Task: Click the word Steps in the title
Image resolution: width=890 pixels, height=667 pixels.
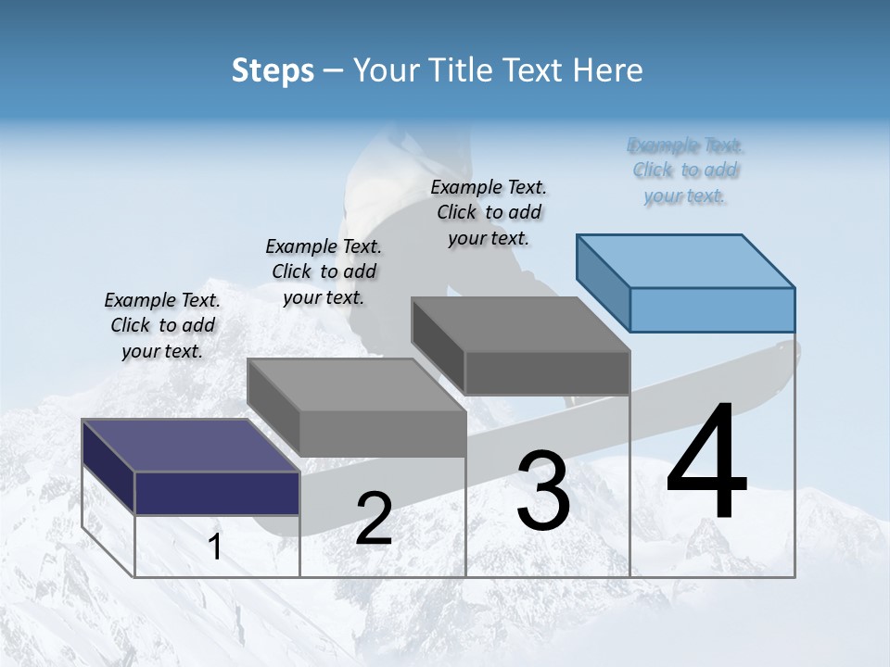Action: pyautogui.click(x=273, y=70)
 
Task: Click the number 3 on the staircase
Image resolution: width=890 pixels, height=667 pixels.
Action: pyautogui.click(x=543, y=491)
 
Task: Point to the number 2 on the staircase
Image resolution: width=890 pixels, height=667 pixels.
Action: pyautogui.click(x=374, y=519)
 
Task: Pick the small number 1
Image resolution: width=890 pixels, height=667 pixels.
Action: pyautogui.click(x=215, y=547)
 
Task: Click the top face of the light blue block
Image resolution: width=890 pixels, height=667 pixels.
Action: pyautogui.click(x=686, y=260)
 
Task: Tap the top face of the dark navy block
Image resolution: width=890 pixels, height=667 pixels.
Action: pyautogui.click(x=190, y=445)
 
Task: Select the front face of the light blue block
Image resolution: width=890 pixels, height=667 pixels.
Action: pyautogui.click(x=712, y=309)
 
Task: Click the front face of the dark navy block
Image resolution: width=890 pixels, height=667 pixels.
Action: pyautogui.click(x=217, y=493)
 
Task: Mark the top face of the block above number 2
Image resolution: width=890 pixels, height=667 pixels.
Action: pyautogui.click(x=356, y=384)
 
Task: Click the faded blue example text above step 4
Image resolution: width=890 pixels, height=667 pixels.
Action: pyautogui.click(x=685, y=170)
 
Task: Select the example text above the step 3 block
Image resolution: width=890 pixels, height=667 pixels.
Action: pyautogui.click(x=489, y=212)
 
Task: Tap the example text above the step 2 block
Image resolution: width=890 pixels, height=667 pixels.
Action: pyautogui.click(x=324, y=271)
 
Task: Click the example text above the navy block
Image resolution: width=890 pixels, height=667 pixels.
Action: pyautogui.click(x=162, y=325)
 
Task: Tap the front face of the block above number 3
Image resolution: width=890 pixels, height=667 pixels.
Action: pyautogui.click(x=547, y=372)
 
